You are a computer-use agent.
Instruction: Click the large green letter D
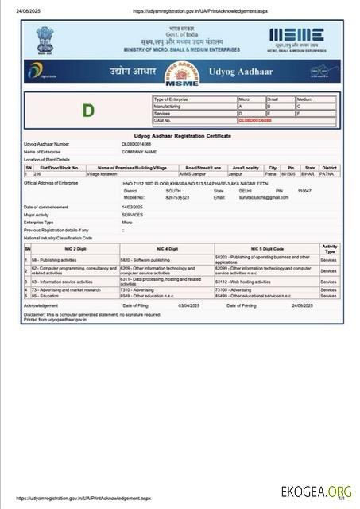tap(88, 110)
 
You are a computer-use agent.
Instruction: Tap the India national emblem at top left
tap(45, 40)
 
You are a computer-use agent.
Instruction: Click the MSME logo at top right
tap(297, 39)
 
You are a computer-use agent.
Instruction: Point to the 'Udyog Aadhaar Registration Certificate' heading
tap(183, 136)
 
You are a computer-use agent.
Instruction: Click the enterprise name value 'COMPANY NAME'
tap(139, 151)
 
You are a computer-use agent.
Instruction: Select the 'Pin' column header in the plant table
tap(291, 168)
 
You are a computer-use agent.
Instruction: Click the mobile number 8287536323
tap(177, 197)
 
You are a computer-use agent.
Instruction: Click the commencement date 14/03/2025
tap(132, 207)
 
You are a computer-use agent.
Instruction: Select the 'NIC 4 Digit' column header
tap(166, 249)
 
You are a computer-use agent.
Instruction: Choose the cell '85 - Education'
tap(47, 296)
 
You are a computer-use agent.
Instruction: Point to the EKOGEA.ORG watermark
tap(316, 492)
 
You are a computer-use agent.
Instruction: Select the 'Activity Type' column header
tap(329, 249)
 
